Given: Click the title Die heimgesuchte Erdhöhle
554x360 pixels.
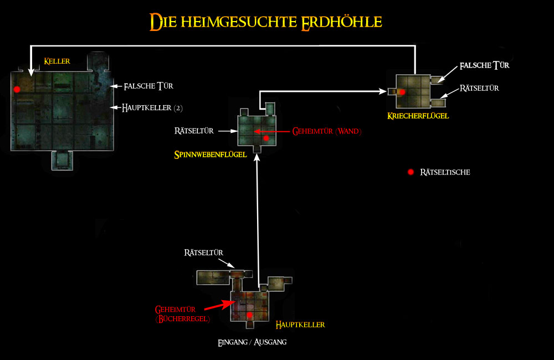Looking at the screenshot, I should coord(266,22).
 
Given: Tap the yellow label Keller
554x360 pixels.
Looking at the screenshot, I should coord(57,61).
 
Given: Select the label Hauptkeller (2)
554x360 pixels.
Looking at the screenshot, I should coord(151,107).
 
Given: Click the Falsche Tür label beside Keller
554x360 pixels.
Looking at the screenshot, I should coord(149,86).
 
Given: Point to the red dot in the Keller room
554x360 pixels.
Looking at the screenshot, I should coord(17,89).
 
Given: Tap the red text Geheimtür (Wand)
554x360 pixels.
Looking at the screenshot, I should coord(327,132).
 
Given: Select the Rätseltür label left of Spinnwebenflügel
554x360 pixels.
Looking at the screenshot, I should coord(193,131).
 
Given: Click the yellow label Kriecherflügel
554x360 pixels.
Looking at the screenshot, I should coord(418,116).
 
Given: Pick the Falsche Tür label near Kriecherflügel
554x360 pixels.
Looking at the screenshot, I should coord(484,65).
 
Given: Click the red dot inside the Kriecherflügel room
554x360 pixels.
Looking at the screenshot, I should coord(403,92).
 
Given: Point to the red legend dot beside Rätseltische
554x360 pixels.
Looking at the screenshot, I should coord(411,172).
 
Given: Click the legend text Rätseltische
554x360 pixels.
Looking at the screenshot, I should coord(445,172).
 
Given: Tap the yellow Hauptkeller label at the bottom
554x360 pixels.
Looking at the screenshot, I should coord(300,324).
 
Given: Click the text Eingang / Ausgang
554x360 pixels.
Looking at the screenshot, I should coord(253,342).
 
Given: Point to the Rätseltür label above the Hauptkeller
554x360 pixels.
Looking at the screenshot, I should coord(204,253).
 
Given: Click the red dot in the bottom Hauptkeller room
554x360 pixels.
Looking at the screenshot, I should coord(250,315).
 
